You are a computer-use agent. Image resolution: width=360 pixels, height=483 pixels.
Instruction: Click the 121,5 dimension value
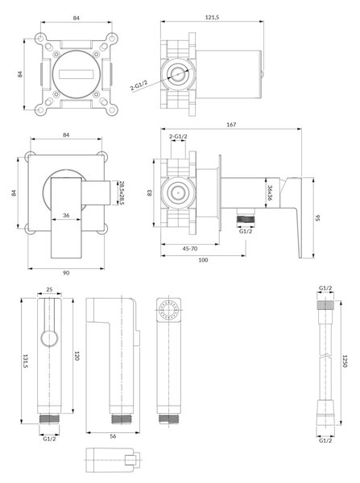[212, 18]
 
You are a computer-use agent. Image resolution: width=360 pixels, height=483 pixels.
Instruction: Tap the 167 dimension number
[231, 125]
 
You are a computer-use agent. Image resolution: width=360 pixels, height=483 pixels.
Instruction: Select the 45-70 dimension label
[190, 249]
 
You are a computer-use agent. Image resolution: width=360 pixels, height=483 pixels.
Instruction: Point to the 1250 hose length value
[346, 361]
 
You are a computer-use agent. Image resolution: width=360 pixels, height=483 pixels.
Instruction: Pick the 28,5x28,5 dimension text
[121, 193]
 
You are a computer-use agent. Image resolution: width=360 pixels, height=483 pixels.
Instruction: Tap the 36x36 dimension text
[270, 192]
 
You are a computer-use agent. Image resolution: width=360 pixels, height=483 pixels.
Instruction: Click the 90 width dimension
[66, 273]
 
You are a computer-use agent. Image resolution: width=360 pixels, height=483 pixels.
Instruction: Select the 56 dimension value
[113, 436]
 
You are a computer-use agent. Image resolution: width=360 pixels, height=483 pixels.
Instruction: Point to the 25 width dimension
[49, 289]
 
